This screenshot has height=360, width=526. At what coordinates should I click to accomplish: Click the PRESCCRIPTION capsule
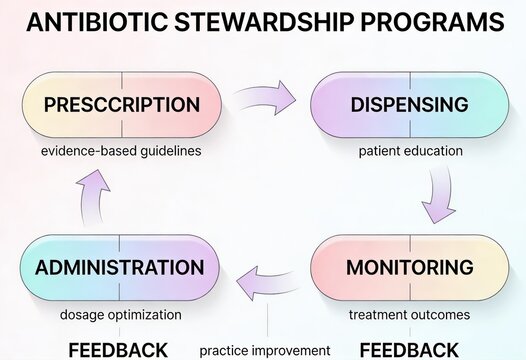[x=121, y=105]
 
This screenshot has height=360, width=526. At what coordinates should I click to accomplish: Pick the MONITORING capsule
[x=410, y=268]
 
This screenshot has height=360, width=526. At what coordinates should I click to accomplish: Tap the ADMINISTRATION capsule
[x=119, y=268]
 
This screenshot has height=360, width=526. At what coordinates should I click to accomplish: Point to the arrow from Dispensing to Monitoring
[x=437, y=195]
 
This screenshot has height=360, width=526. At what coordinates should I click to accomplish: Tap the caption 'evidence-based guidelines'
[x=121, y=151]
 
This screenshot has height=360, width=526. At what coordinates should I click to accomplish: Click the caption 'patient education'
[x=410, y=151]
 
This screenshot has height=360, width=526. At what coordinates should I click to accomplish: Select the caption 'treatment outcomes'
[x=409, y=315]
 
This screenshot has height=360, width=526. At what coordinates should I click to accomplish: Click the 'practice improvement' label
[x=265, y=350]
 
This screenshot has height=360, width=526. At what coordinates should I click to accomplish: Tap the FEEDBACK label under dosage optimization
[x=118, y=349]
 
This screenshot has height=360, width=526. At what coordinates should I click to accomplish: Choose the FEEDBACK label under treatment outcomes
[x=409, y=349]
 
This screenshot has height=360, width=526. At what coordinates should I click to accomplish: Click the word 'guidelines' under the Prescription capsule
[x=170, y=151]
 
